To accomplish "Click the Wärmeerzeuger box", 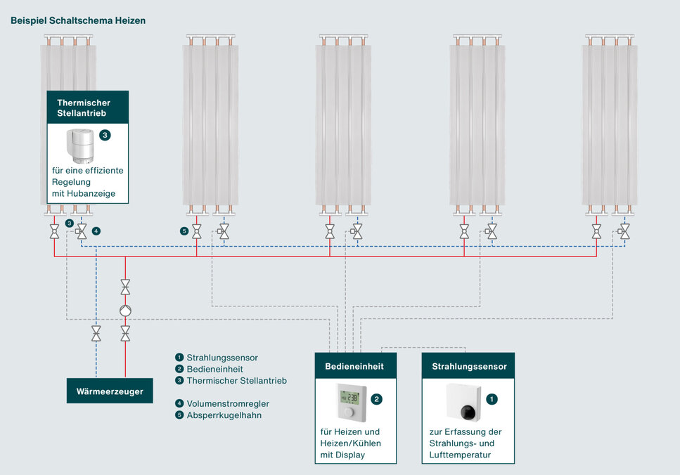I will pyautogui.click(x=110, y=391).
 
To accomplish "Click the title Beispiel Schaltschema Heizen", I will pyautogui.click(x=78, y=21).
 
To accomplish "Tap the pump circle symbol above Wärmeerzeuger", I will pyautogui.click(x=125, y=310).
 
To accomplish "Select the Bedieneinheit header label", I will pyautogui.click(x=355, y=367).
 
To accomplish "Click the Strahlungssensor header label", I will pyautogui.click(x=468, y=367).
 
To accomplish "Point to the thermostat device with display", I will pyautogui.click(x=350, y=402).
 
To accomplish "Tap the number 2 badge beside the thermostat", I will pyautogui.click(x=377, y=399).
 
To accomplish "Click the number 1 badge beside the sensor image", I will pyautogui.click(x=492, y=399).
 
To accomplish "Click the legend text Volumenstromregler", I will pyautogui.click(x=228, y=404).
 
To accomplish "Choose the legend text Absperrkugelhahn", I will pyautogui.click(x=224, y=415).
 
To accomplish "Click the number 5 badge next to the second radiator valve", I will pyautogui.click(x=184, y=230).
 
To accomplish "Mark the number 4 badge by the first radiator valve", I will pyautogui.click(x=96, y=230).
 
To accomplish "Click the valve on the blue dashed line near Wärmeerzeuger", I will pyautogui.click(x=96, y=332).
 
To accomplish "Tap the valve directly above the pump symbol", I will pyautogui.click(x=125, y=286).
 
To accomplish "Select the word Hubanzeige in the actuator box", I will pyautogui.click(x=94, y=193).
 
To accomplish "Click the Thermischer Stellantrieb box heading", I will pyautogui.click(x=84, y=108).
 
